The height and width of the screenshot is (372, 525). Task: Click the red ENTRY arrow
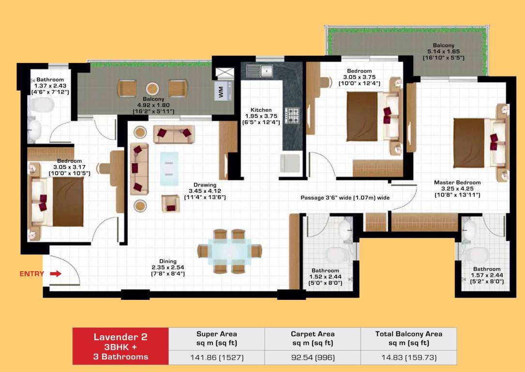tap(56, 274)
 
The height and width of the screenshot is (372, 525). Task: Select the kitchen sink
tap(260, 71)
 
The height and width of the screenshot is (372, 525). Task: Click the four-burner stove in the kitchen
tap(292, 116)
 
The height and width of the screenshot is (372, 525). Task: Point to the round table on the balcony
tap(152, 89)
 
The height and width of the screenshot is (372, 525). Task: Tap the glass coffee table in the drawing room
tap(169, 169)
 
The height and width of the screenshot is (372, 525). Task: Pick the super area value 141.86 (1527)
tap(216, 358)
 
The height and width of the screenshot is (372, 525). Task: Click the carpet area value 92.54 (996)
tap(312, 358)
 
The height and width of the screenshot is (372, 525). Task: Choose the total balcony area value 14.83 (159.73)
tap(408, 358)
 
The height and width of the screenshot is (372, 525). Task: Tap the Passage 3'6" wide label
tap(345, 198)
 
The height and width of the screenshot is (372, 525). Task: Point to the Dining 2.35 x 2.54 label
tap(168, 267)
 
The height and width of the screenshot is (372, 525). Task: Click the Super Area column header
tap(216, 338)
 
